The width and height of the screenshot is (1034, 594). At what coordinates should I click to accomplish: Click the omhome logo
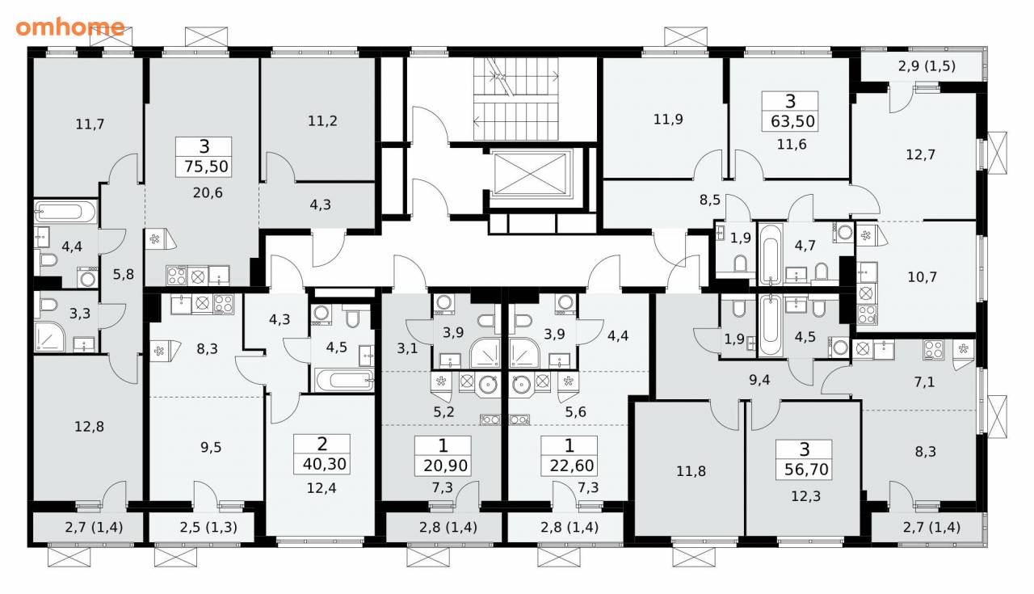(70, 27)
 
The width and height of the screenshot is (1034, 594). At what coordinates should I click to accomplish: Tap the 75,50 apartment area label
(206, 166)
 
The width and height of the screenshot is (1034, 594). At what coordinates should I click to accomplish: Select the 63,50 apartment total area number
(792, 121)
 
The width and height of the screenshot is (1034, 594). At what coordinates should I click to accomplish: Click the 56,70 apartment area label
(806, 470)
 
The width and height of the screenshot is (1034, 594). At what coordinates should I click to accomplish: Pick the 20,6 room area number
(208, 192)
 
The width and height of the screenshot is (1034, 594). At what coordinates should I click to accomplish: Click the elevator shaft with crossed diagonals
(531, 174)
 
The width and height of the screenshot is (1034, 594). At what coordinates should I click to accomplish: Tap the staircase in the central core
(516, 99)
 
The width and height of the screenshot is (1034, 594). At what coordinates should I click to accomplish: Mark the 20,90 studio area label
(445, 466)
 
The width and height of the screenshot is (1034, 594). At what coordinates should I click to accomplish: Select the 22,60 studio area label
(571, 466)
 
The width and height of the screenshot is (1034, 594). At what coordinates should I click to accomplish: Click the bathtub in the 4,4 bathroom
(65, 212)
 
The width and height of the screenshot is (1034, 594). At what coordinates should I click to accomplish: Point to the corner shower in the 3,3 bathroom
(49, 336)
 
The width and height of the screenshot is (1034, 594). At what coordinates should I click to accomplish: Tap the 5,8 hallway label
(124, 274)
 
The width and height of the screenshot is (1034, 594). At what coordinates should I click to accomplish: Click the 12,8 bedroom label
(89, 427)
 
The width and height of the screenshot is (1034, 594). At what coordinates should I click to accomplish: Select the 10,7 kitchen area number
(922, 277)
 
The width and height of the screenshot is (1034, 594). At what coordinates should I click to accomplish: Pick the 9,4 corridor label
(759, 380)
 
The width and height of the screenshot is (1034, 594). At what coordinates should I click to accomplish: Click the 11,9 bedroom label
(668, 120)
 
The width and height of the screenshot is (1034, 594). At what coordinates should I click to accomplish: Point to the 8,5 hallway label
(709, 200)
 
